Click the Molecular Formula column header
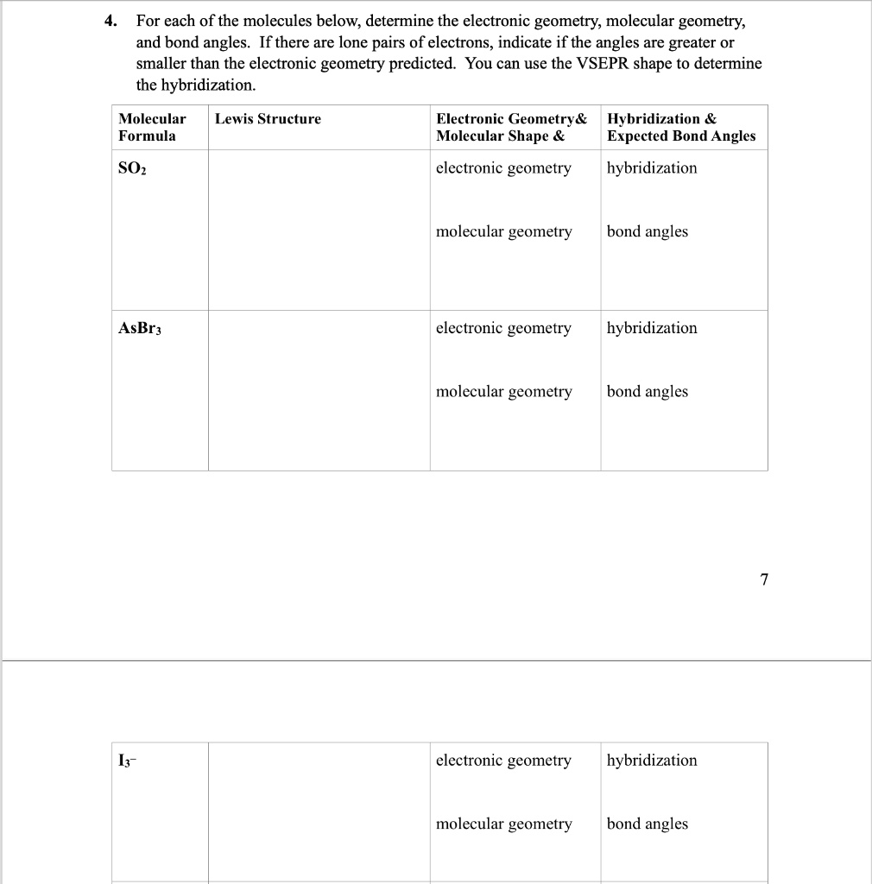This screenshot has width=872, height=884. coord(152,127)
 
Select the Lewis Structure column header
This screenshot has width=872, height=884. coord(268,119)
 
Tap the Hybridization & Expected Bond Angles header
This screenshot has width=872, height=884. coord(680,127)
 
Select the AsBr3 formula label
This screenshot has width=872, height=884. coord(139,329)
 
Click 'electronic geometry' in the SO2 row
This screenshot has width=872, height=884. coord(503,168)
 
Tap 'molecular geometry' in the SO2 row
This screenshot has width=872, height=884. coord(503,231)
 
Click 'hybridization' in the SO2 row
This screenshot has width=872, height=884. coord(652,168)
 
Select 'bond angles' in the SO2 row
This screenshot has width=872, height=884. coord(648,231)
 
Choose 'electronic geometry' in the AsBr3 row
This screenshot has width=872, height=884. coord(503,328)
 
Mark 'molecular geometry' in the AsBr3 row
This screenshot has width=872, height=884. coord(503,392)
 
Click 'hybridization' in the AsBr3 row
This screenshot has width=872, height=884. coord(652,328)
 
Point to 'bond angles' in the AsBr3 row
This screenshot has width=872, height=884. coord(648,392)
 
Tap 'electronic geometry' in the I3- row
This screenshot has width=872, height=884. coord(503,761)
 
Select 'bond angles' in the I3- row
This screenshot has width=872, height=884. coord(648,824)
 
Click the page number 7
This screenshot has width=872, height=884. coord(763,579)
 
